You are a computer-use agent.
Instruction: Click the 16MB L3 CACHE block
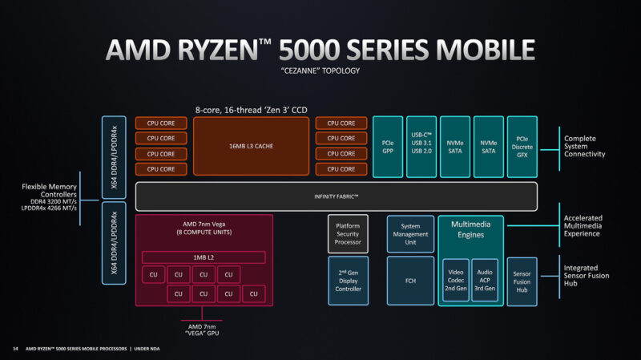pos(251,146)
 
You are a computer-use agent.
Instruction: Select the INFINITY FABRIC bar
pos(336,196)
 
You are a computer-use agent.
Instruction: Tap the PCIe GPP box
pos(388,147)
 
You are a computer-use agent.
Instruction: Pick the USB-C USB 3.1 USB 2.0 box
pos(421,147)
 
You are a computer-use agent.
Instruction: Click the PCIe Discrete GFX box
pos(522,147)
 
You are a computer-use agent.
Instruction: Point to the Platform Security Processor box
pos(348,234)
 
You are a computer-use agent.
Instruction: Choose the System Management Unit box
pos(410,234)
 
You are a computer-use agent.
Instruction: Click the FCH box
pos(410,281)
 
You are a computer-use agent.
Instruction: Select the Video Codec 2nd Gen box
pos(456,281)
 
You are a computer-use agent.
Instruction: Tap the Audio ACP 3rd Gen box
pos(485,281)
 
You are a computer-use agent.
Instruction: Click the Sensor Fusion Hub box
pos(522,282)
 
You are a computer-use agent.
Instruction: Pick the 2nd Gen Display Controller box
pos(349,281)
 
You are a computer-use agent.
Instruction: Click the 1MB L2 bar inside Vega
pos(204,257)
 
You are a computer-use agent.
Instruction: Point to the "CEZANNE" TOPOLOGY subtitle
pos(320,71)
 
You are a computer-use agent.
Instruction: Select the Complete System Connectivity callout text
pos(585,147)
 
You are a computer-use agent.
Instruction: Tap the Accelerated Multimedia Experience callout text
pos(583,226)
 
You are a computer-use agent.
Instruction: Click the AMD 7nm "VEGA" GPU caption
pos(202,330)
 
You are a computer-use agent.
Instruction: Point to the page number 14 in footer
pos(15,349)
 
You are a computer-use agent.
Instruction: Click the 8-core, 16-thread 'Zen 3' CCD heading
pos(251,110)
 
